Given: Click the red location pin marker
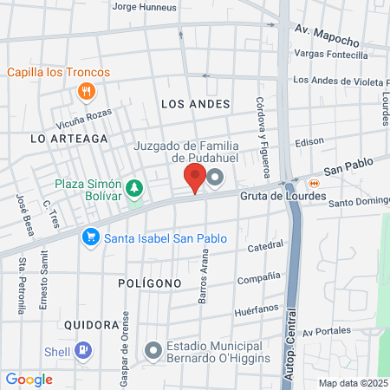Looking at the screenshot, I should (x=195, y=179).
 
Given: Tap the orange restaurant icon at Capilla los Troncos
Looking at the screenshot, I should (x=86, y=91).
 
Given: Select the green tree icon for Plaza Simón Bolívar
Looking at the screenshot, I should (x=134, y=188).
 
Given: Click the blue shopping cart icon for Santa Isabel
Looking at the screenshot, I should (x=89, y=237).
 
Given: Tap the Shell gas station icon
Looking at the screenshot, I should (x=83, y=351).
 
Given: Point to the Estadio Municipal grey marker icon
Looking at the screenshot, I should (x=153, y=351).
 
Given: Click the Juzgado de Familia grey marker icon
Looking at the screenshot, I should (x=215, y=179).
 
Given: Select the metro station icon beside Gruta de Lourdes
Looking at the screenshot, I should (x=314, y=183).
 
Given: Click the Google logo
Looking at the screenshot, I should (x=29, y=380).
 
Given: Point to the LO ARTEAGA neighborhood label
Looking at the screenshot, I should (x=68, y=138).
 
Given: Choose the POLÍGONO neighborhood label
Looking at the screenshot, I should (x=150, y=283).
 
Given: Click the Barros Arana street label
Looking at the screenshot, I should (x=205, y=277).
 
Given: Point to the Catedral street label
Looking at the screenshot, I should (x=265, y=248).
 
